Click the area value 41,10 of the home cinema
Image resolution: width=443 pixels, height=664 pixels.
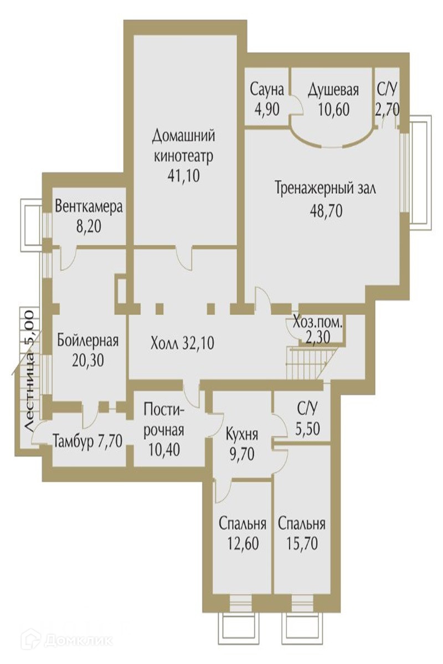click(x=183, y=176)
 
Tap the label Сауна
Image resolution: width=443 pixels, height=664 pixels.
click(x=267, y=90)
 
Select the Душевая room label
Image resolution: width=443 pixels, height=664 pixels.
click(x=333, y=90)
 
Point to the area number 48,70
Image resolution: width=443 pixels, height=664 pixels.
click(x=326, y=211)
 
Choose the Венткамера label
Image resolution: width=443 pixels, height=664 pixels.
click(x=89, y=206)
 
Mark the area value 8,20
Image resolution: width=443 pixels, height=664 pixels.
click(x=89, y=227)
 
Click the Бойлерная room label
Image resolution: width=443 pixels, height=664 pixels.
click(x=88, y=341)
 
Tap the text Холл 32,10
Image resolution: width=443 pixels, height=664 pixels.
click(x=182, y=344)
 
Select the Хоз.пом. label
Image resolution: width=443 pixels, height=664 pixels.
click(x=317, y=323)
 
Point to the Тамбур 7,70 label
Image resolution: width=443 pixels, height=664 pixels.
click(x=87, y=442)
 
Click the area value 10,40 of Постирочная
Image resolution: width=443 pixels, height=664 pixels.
click(x=164, y=450)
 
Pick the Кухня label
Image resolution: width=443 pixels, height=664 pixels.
click(x=242, y=434)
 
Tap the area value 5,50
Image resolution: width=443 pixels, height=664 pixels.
click(x=307, y=429)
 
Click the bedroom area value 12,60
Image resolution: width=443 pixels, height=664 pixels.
click(x=243, y=543)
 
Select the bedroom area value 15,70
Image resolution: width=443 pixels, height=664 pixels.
click(x=302, y=543)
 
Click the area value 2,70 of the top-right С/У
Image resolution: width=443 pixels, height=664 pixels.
click(x=387, y=110)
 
